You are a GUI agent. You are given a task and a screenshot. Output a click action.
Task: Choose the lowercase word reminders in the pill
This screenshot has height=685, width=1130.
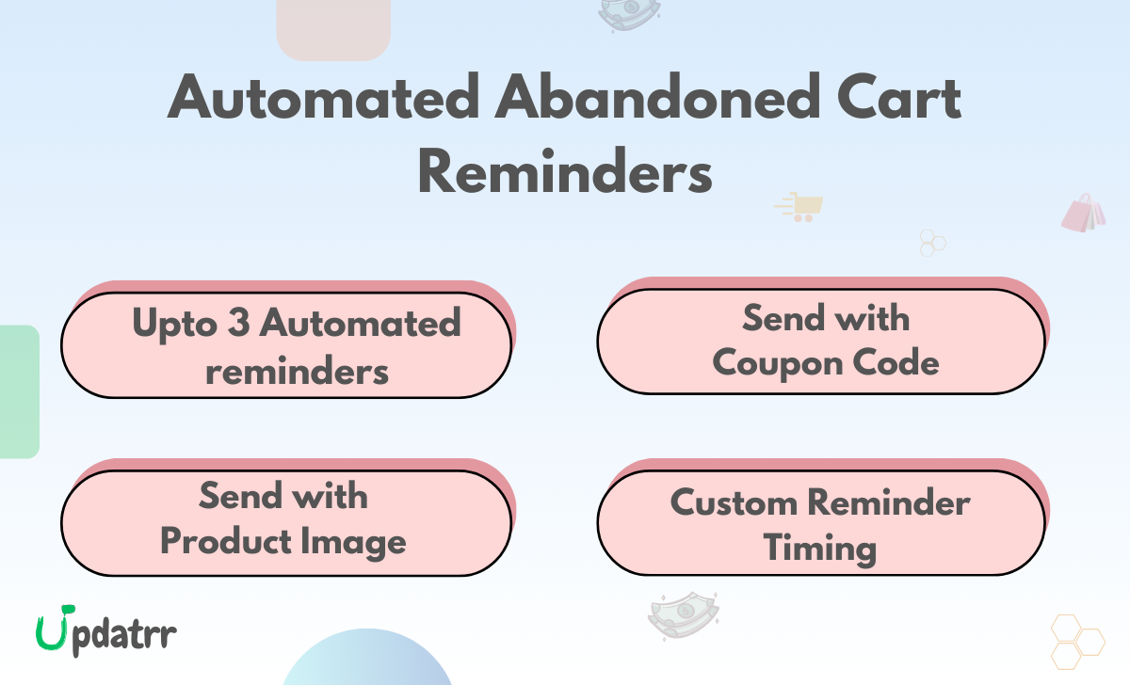pyautogui.click(x=297, y=370)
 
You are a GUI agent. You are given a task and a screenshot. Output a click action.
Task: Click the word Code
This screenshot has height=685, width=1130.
pyautogui.click(x=899, y=363)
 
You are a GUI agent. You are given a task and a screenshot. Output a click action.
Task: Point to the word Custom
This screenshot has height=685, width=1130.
pyautogui.click(x=732, y=502)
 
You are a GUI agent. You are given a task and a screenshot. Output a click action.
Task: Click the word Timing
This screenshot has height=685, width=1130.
pyautogui.click(x=820, y=548)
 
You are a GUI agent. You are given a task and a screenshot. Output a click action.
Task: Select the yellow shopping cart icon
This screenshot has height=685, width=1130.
pyautogui.click(x=799, y=206)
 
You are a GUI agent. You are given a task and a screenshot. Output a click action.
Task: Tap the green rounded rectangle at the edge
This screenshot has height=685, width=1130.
pyautogui.click(x=19, y=391)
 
